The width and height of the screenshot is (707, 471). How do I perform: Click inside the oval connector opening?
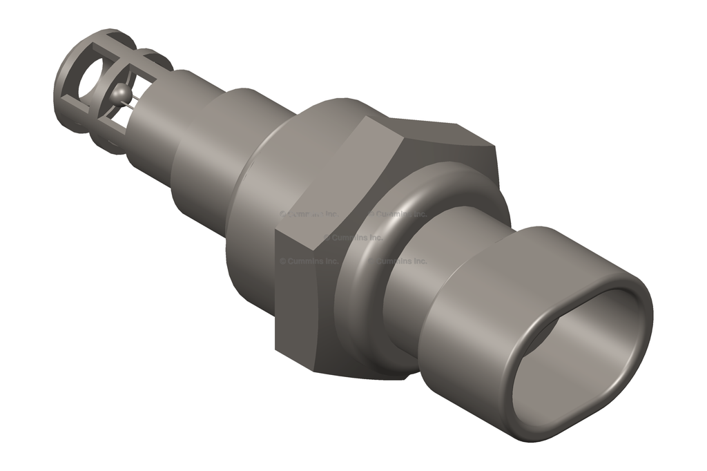(x=580, y=359)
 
